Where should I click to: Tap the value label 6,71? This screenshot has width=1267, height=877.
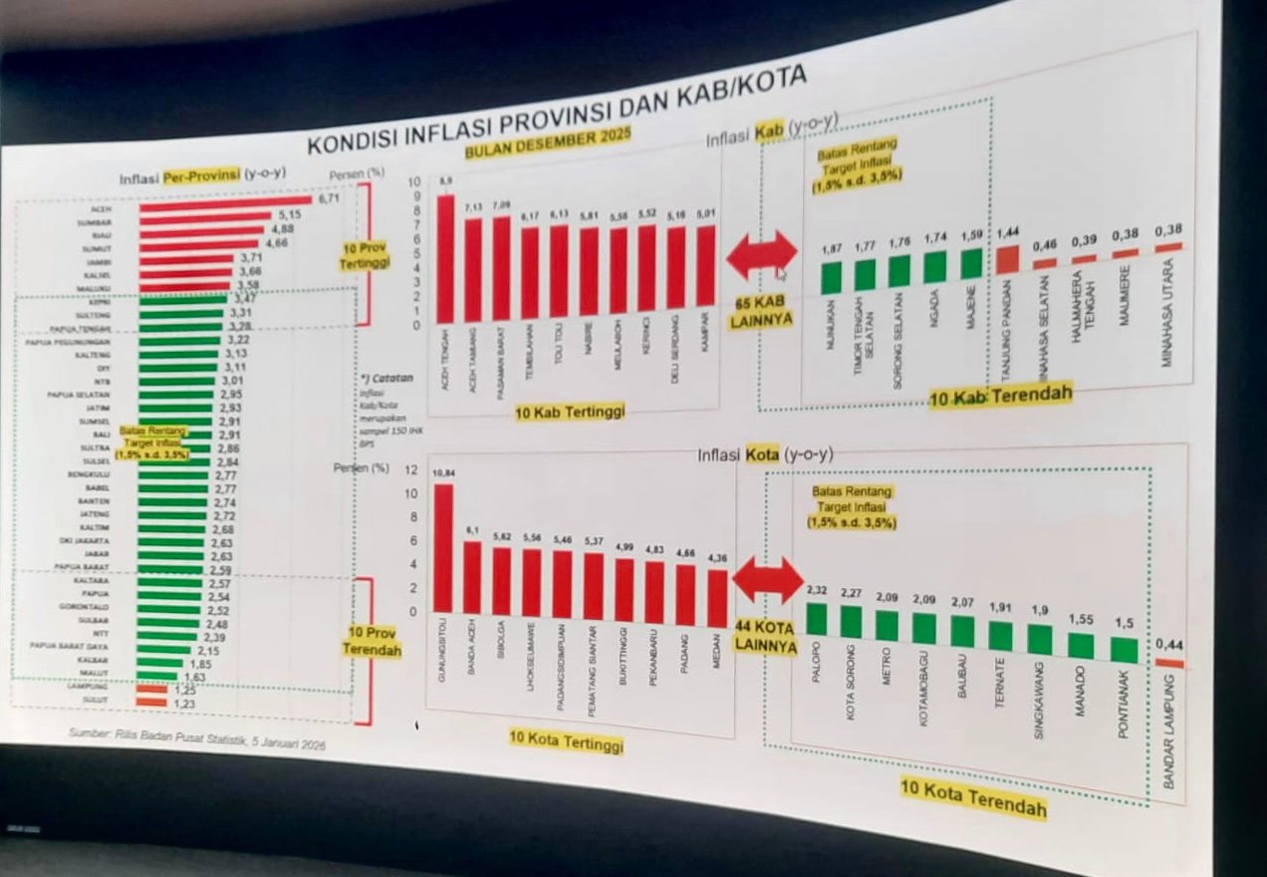click(x=330, y=199)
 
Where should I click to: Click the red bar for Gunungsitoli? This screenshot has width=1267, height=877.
click(x=443, y=548)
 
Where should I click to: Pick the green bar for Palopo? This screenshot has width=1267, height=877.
click(x=817, y=619)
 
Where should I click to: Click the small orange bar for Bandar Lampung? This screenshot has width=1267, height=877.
click(x=1169, y=663)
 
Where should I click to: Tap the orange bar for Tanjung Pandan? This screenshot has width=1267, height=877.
click(x=1007, y=259)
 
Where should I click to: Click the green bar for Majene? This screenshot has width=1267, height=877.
click(x=971, y=264)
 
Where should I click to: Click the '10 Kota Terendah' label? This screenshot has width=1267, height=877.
click(x=973, y=798)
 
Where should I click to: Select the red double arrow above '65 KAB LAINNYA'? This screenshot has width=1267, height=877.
click(x=762, y=255)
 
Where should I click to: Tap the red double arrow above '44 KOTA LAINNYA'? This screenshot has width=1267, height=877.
click(x=767, y=580)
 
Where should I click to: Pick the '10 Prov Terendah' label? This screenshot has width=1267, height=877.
click(x=372, y=641)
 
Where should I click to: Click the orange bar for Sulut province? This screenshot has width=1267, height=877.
click(x=151, y=702)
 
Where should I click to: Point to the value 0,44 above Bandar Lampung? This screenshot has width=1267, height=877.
click(x=1169, y=645)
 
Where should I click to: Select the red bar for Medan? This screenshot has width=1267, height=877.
click(x=717, y=598)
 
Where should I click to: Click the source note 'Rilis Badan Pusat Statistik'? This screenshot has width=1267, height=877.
click(x=196, y=738)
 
